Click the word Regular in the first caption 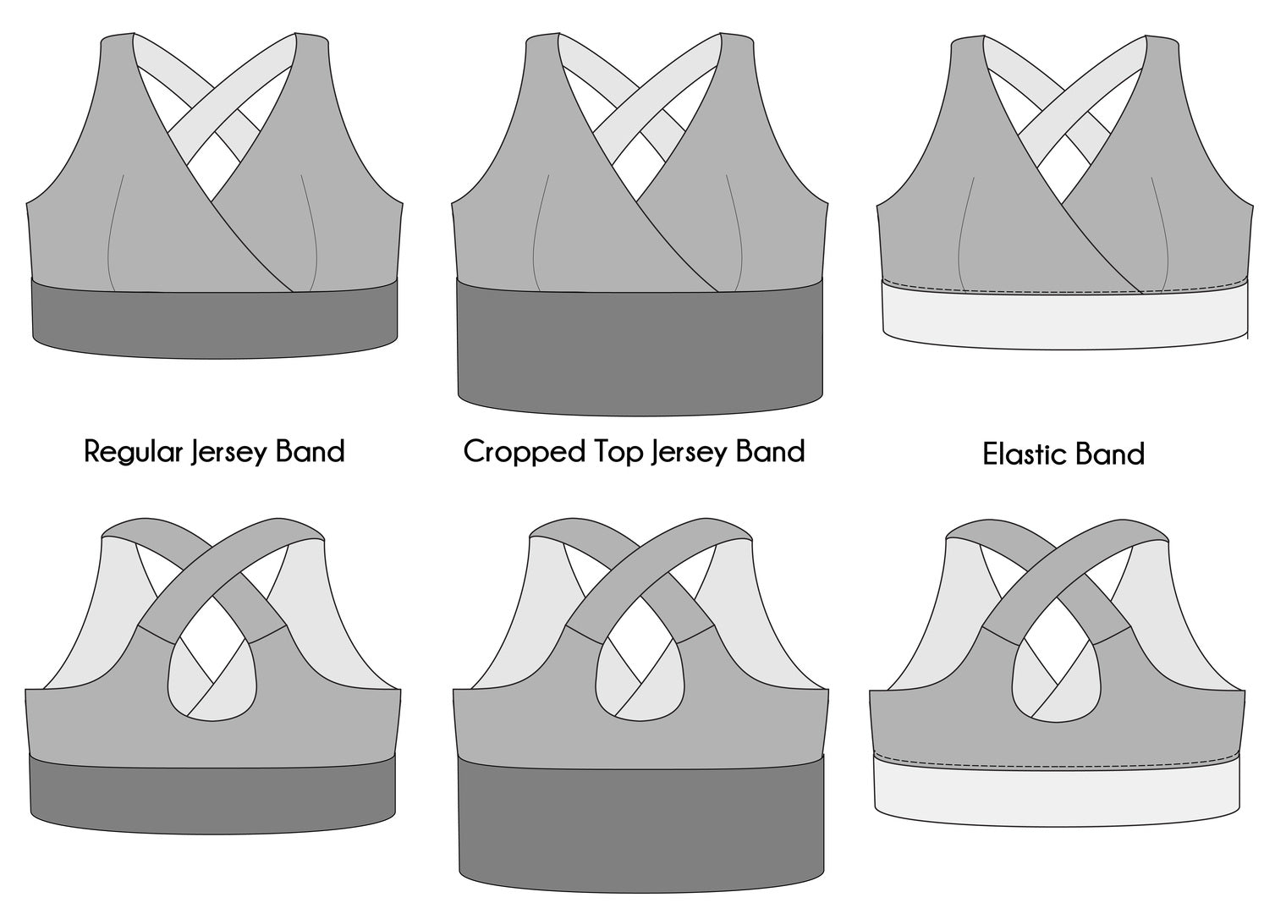pos(133,452)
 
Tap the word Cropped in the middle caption pos(525,452)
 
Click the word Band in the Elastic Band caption pos(1103,454)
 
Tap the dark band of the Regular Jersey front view pos(215,319)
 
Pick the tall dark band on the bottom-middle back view pos(641,823)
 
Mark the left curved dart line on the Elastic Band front pos(964,234)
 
